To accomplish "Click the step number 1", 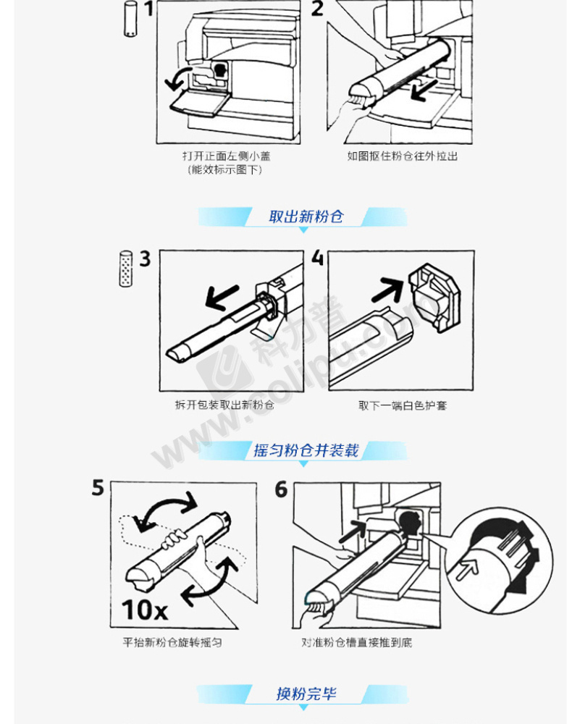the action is tap(148, 9).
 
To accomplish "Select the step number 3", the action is tap(145, 259).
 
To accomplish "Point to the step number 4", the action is tap(317, 258).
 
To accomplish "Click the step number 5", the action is tap(98, 488).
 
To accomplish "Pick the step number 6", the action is tap(281, 490).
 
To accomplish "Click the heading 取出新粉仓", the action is tap(306, 216).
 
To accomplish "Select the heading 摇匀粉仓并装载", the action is tap(306, 450).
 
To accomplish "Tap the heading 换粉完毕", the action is tap(306, 694).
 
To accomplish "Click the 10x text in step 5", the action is tap(145, 610).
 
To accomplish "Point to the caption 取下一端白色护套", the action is tap(403, 405).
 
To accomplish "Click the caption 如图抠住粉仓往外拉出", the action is tap(402, 156).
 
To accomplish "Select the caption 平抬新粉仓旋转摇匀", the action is tap(172, 642).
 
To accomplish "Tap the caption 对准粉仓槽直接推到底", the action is tap(356, 642).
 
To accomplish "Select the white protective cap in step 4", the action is tap(434, 297).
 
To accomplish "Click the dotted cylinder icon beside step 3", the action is tap(125, 269).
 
